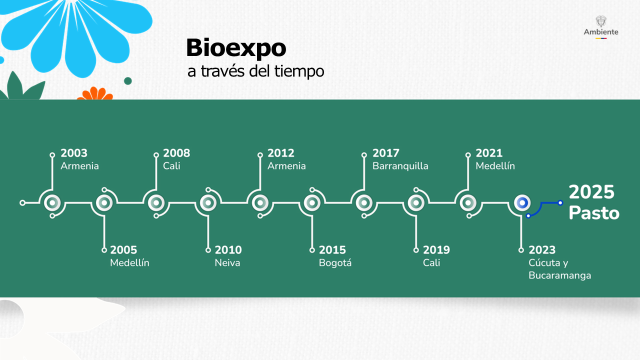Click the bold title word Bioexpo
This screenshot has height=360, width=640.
pyautogui.click(x=236, y=48)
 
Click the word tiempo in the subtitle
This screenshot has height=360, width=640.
pyautogui.click(x=299, y=71)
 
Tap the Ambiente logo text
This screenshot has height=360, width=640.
pyautogui.click(x=601, y=32)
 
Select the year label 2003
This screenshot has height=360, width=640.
pyautogui.click(x=73, y=153)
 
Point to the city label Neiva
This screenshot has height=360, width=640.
pyautogui.click(x=227, y=263)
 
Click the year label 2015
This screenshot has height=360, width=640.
pyautogui.click(x=332, y=250)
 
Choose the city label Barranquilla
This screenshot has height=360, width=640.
pyautogui.click(x=400, y=166)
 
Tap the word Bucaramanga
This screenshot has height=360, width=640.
pyautogui.click(x=559, y=275)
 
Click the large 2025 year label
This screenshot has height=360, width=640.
pyautogui.click(x=591, y=192)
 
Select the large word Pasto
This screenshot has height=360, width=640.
pyautogui.click(x=594, y=213)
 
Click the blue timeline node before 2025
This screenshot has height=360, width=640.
pyautogui.click(x=522, y=203)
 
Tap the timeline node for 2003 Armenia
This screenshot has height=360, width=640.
pyautogui.click(x=52, y=203)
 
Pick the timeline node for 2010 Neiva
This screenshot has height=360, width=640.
pyautogui.click(x=208, y=203)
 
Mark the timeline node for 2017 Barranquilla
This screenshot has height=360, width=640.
pyautogui.click(x=364, y=203)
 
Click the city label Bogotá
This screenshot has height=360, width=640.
pyautogui.click(x=335, y=262)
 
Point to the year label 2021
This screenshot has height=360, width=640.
pyautogui.click(x=489, y=153)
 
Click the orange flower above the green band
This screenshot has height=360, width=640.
pyautogui.click(x=95, y=93)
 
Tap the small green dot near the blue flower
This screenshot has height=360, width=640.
pyautogui.click(x=127, y=81)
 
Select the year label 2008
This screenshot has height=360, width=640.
pyautogui.click(x=176, y=153)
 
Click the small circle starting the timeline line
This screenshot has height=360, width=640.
pyautogui.click(x=22, y=203)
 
